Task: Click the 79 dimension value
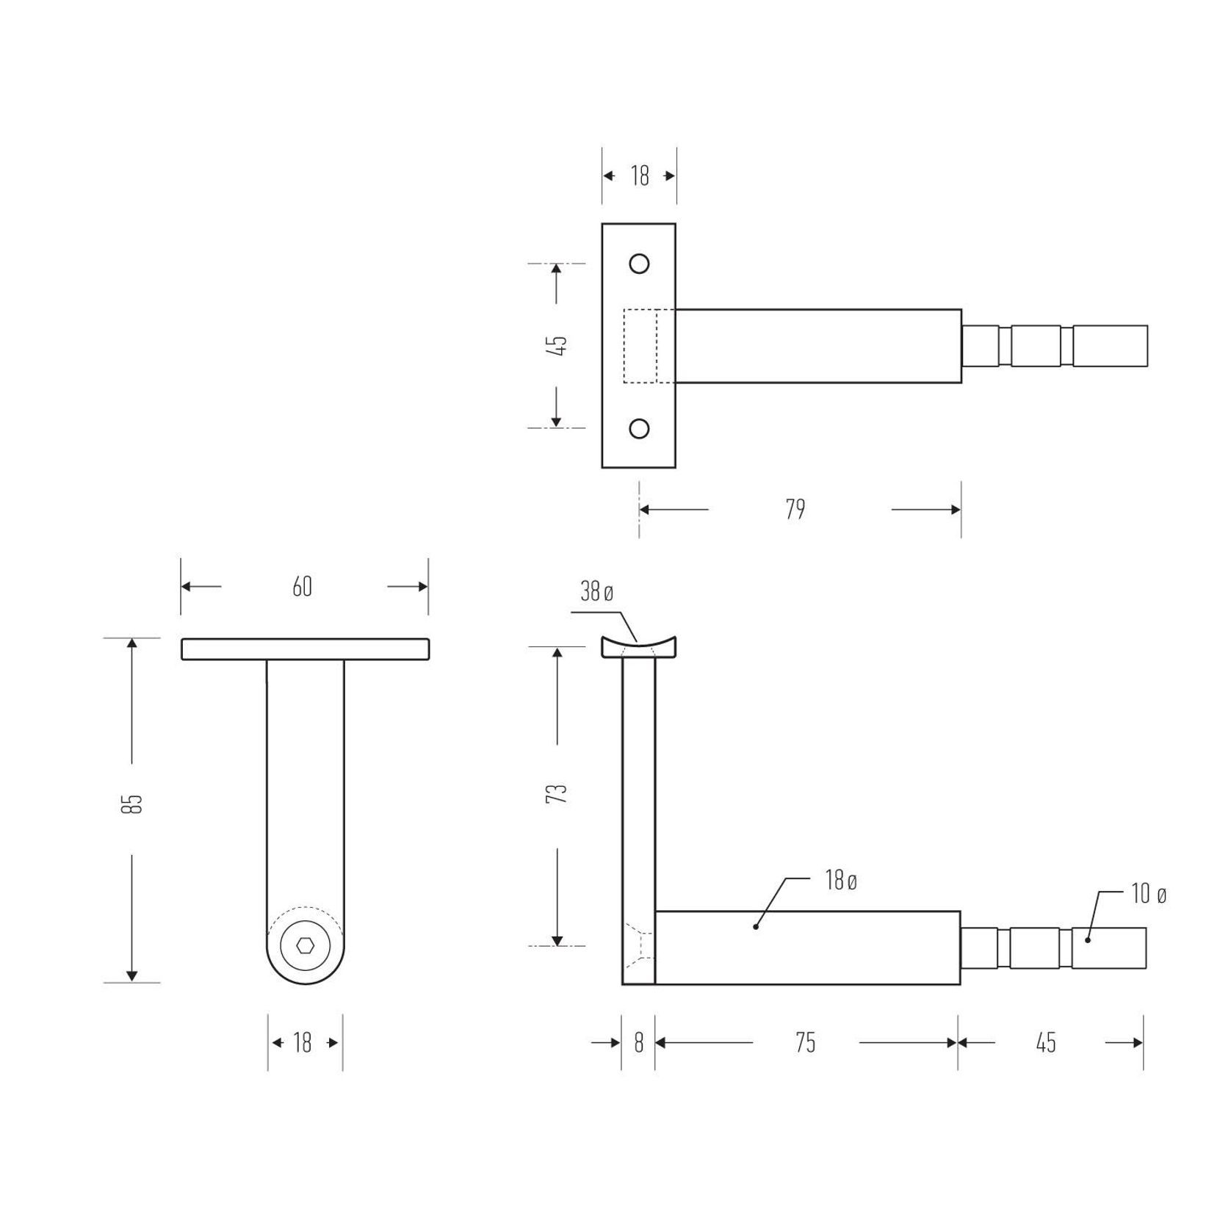pyautogui.click(x=795, y=510)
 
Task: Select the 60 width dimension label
pyautogui.click(x=303, y=587)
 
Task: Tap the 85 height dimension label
pyautogui.click(x=132, y=804)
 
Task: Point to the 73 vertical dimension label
pyautogui.click(x=557, y=793)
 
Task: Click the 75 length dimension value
pyautogui.click(x=806, y=1043)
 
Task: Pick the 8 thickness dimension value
pyautogui.click(x=638, y=1043)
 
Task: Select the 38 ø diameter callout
pyautogui.click(x=596, y=592)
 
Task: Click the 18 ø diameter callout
pyautogui.click(x=841, y=881)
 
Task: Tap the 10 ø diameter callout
pyautogui.click(x=1149, y=895)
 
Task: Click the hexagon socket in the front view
pyautogui.click(x=306, y=945)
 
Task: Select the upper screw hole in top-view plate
pyautogui.click(x=639, y=264)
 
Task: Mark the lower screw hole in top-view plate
pyautogui.click(x=639, y=428)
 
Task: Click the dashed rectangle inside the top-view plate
pyautogui.click(x=640, y=346)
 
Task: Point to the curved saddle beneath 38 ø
pyautogui.click(x=638, y=649)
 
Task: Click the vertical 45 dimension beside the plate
pyautogui.click(x=557, y=345)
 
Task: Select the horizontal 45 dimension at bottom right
pyautogui.click(x=1046, y=1043)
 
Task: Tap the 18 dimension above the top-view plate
pyautogui.click(x=639, y=176)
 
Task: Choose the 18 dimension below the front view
pyautogui.click(x=303, y=1043)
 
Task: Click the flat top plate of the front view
pyautogui.click(x=306, y=649)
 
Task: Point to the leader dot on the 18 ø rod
pyautogui.click(x=756, y=927)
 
